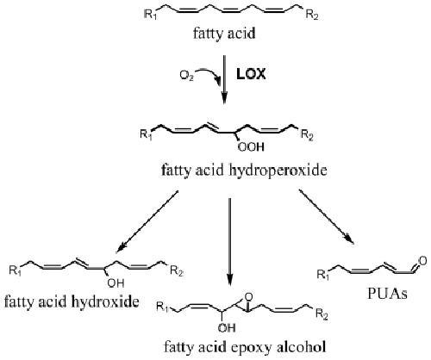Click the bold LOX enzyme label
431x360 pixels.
click(x=251, y=75)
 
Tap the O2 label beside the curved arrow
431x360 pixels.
click(x=186, y=76)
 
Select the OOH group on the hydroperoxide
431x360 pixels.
click(x=251, y=147)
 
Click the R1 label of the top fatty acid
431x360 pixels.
click(x=150, y=15)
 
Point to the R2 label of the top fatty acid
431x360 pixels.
click(x=312, y=15)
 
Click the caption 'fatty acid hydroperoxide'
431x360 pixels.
click(x=244, y=171)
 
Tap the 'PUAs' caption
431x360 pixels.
click(x=387, y=294)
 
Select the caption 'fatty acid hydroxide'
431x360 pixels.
click(x=72, y=301)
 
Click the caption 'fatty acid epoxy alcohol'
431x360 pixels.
click(x=245, y=347)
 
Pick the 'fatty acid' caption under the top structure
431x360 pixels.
click(x=224, y=34)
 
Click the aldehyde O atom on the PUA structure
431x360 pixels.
click(x=422, y=261)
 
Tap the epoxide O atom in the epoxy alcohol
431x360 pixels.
click(x=249, y=296)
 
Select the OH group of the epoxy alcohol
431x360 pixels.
click(x=227, y=327)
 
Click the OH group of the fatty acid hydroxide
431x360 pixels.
click(x=116, y=283)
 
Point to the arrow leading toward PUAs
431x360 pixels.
click(x=327, y=217)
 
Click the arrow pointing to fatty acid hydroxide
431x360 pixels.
click(x=147, y=222)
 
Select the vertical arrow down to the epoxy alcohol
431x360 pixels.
click(x=229, y=242)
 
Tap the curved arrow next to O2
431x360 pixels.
click(x=213, y=74)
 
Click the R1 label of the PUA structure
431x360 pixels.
click(x=323, y=275)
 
